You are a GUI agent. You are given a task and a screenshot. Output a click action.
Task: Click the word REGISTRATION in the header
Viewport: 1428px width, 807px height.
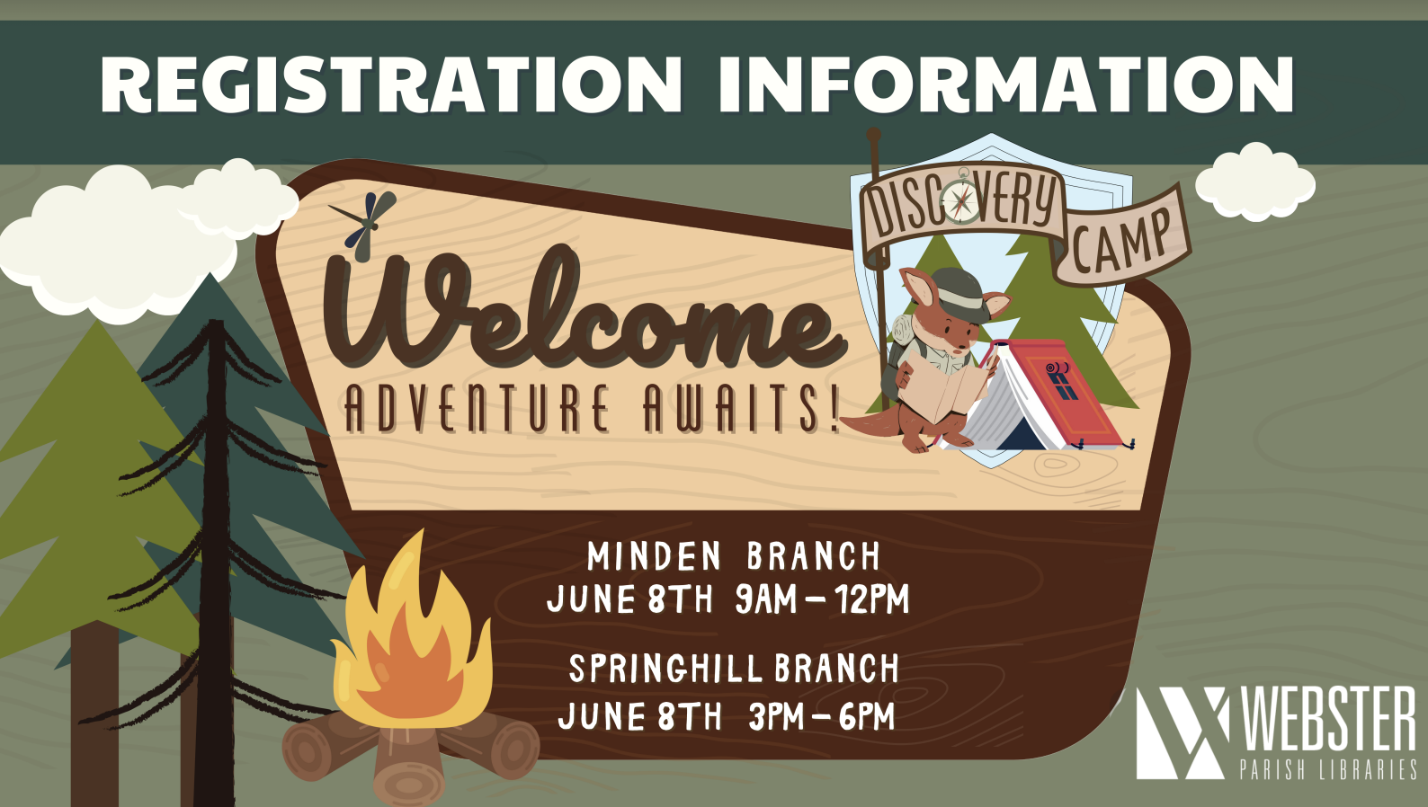pos(391,84)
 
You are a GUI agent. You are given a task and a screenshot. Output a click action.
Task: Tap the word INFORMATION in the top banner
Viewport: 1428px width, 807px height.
pos(1006,84)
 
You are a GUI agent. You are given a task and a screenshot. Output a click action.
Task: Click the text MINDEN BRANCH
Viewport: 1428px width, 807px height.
pos(733,556)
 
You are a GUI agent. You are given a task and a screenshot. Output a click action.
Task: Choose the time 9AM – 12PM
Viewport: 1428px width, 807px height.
pos(823,599)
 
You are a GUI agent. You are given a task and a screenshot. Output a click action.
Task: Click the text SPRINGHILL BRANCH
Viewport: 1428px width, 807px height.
pos(734,669)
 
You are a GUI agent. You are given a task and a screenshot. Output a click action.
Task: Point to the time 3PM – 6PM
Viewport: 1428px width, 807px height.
pos(822,717)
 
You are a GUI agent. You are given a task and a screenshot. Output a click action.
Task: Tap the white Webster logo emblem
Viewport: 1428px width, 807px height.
pos(1183,732)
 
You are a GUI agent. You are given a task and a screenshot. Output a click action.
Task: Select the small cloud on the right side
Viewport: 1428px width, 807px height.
pos(1254,182)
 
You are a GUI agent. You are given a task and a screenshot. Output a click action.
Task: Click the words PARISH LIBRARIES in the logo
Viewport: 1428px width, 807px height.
pos(1327,769)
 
